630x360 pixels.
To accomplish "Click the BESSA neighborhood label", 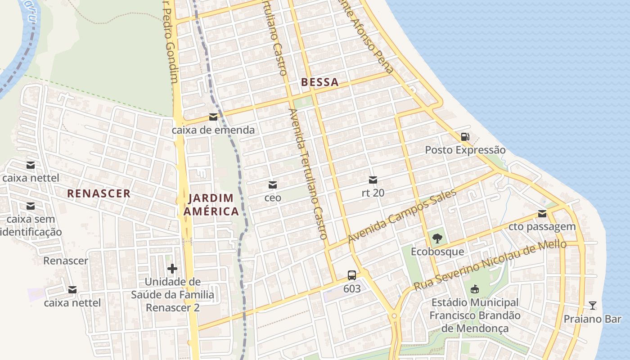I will pyautogui.click(x=319, y=82).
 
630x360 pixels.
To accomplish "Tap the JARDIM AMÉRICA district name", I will pyautogui.click(x=212, y=205).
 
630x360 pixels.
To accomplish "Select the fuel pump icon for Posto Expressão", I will pyautogui.click(x=465, y=137).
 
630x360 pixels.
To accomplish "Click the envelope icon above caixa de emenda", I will pyautogui.click(x=213, y=117).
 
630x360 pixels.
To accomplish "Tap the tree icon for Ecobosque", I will pyautogui.click(x=437, y=238).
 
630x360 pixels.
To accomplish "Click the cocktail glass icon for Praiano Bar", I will pyautogui.click(x=593, y=306).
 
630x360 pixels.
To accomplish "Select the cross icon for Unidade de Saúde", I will pyautogui.click(x=172, y=269).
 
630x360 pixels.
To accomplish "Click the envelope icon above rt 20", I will pyautogui.click(x=373, y=180).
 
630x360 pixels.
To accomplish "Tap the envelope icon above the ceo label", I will pyautogui.click(x=273, y=185).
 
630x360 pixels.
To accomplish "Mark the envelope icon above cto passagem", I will pyautogui.click(x=542, y=214).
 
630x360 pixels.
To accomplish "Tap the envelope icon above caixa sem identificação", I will pyautogui.click(x=31, y=206).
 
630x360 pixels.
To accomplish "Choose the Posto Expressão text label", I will pyautogui.click(x=465, y=150).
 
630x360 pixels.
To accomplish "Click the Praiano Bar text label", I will pyautogui.click(x=592, y=319).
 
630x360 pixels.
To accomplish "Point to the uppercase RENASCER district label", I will pyautogui.click(x=99, y=193).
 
